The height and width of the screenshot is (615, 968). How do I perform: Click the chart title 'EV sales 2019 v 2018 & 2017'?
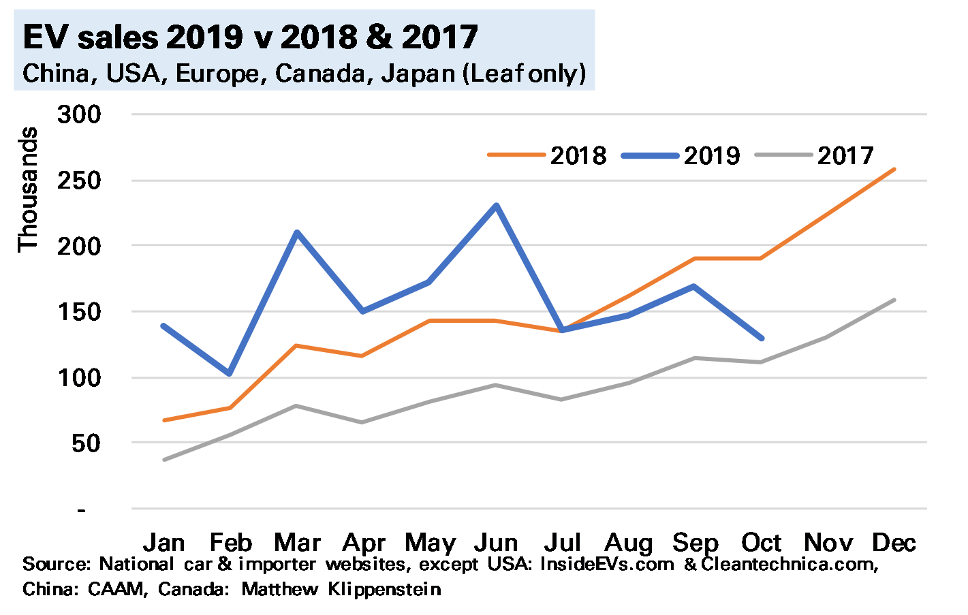click(250, 37)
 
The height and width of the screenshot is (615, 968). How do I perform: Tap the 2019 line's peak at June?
click(497, 205)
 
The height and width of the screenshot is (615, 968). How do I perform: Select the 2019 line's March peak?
click(297, 232)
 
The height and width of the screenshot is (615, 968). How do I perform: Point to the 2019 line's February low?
click(230, 373)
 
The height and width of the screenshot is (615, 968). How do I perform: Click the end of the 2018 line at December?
click(894, 169)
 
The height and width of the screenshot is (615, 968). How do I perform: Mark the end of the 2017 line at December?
click(894, 300)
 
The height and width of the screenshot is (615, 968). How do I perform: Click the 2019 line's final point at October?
click(761, 338)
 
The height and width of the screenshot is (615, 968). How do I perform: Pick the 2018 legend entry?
click(548, 155)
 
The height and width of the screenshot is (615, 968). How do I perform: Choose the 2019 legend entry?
click(681, 155)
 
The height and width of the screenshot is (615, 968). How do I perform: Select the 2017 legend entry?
click(815, 155)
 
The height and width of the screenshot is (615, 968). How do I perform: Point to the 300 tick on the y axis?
click(79, 114)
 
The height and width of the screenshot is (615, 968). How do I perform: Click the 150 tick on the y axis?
click(79, 312)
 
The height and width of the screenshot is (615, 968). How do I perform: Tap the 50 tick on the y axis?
click(84, 443)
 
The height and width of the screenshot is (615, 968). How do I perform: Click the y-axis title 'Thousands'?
click(28, 189)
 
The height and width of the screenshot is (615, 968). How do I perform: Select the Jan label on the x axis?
click(164, 543)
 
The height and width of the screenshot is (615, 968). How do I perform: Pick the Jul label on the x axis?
click(563, 543)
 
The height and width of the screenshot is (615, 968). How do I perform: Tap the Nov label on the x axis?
click(828, 543)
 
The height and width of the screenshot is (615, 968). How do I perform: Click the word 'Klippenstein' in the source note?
click(384, 589)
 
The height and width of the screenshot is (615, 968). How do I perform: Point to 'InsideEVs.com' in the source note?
click(607, 565)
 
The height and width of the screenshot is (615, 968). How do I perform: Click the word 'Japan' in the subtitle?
click(418, 73)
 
